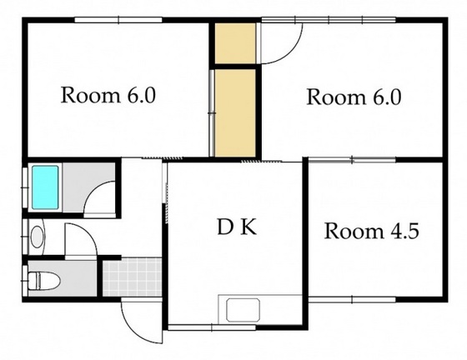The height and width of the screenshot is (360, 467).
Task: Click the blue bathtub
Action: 45,187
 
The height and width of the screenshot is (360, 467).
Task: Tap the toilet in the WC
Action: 44,280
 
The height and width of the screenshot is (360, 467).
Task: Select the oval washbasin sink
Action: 38,237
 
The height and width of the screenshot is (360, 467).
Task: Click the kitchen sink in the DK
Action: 243,310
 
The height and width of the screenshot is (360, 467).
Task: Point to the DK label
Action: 237,227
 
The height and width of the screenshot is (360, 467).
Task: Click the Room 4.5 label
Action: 372,231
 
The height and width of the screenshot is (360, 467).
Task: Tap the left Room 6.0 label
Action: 108,95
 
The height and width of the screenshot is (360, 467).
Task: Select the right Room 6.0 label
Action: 354,97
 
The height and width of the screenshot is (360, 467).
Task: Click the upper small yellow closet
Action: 235,43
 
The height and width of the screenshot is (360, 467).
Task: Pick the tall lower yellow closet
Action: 235,113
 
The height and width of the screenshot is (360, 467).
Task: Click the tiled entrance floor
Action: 133,277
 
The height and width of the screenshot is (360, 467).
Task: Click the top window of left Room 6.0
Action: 118,20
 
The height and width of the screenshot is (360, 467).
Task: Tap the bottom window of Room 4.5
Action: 352,299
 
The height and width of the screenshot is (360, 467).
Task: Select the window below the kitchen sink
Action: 212,327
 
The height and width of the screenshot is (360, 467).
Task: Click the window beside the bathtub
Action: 25,187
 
